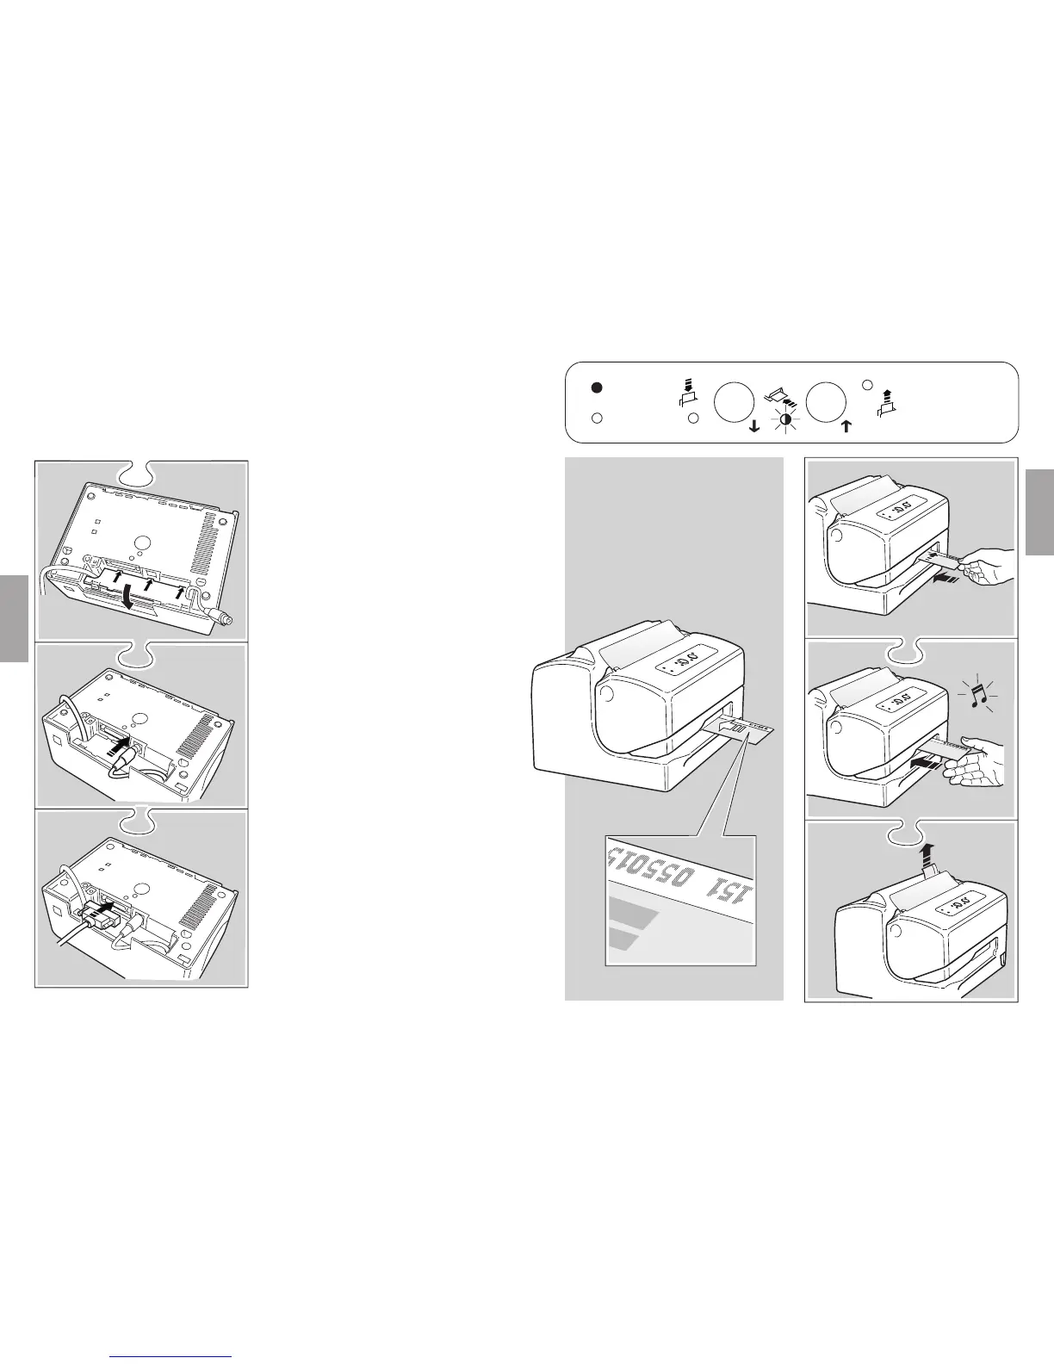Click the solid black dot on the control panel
click(x=597, y=387)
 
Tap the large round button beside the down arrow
click(x=734, y=401)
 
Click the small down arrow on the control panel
click(x=755, y=425)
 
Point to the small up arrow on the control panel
click(x=846, y=425)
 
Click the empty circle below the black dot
click(x=597, y=418)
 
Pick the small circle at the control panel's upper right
click(x=868, y=385)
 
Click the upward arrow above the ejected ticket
click(x=927, y=855)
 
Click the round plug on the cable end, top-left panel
click(x=226, y=617)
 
